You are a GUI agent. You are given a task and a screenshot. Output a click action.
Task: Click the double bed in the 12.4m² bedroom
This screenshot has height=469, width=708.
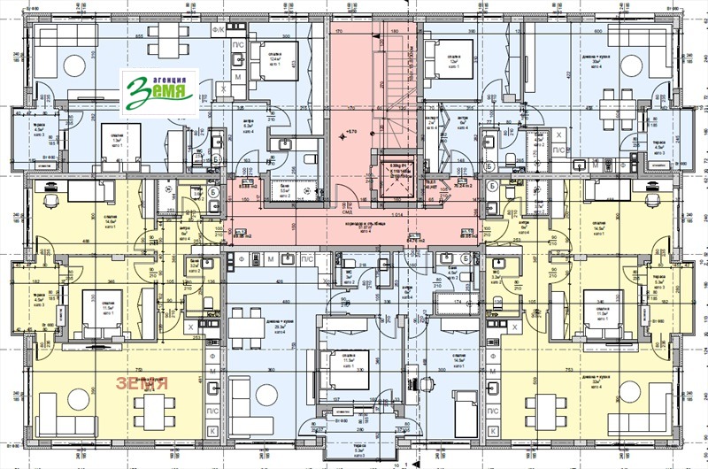pyautogui.click(x=279, y=65)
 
